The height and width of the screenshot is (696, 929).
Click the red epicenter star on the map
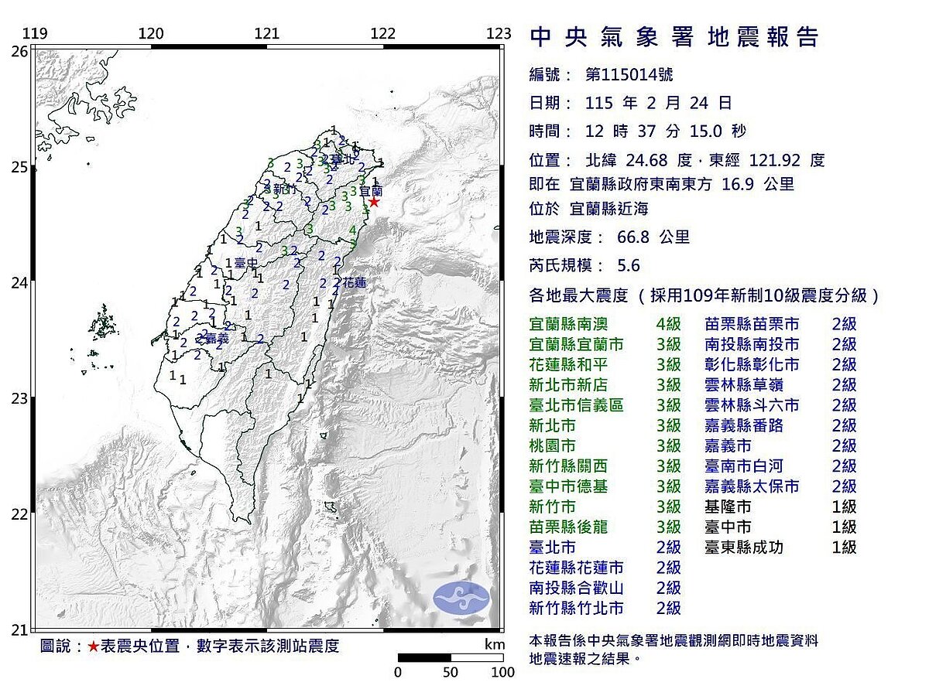(374, 202)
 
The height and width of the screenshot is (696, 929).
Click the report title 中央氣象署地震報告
(674, 37)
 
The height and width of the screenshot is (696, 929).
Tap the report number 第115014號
(629, 75)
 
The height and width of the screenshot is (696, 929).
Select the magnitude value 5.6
(629, 266)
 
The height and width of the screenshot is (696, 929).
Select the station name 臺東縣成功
(744, 548)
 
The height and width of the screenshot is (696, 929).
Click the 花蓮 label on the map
(355, 283)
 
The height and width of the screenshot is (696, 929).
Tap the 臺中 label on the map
(245, 264)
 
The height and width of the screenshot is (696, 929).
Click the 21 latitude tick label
(19, 629)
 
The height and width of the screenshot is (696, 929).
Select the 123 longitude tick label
(499, 33)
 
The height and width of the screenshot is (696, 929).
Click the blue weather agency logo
(461, 598)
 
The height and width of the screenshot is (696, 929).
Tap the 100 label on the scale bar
(502, 673)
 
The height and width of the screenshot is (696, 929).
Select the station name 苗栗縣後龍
(568, 527)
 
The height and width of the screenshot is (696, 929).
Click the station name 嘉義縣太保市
(752, 487)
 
